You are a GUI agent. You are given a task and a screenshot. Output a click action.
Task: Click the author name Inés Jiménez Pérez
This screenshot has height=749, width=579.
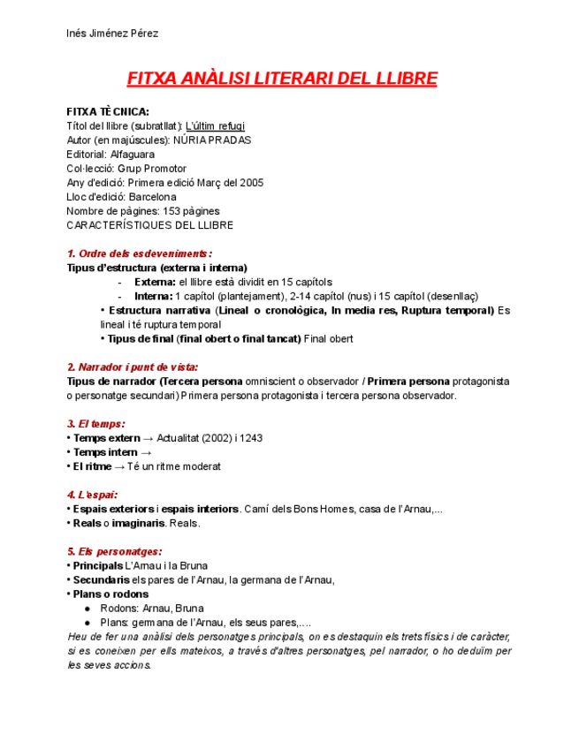coord(112,34)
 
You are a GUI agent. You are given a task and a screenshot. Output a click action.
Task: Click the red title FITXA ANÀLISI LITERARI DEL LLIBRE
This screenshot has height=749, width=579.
coord(283,79)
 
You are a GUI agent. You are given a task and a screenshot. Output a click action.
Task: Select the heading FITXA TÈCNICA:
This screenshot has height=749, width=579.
coord(108,112)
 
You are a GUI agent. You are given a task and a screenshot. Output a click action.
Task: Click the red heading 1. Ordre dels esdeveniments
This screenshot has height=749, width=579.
coord(140,253)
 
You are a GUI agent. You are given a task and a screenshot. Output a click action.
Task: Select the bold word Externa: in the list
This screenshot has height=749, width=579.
coord(155,282)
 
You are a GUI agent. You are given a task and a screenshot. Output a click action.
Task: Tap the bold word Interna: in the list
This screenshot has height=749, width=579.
coord(154,296)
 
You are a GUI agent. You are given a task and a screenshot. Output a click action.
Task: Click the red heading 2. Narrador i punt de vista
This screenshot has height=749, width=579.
coord(133,367)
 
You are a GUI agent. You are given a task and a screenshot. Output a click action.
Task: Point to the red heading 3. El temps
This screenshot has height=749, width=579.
coord(96,423)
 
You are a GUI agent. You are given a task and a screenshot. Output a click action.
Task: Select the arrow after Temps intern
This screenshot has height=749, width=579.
coord(147,451)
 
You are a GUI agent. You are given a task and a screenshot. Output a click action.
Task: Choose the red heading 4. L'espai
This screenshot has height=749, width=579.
coord(92,495)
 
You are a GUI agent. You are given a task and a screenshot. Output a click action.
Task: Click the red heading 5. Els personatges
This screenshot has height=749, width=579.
coord(114,551)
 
